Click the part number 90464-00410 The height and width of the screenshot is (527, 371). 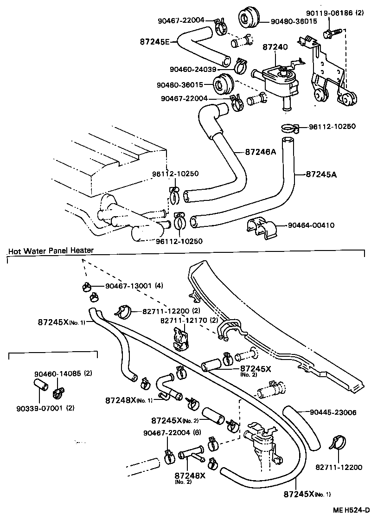coord(317,225)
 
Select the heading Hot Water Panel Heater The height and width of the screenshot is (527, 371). coord(51,251)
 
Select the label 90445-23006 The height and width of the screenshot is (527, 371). coord(333,412)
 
